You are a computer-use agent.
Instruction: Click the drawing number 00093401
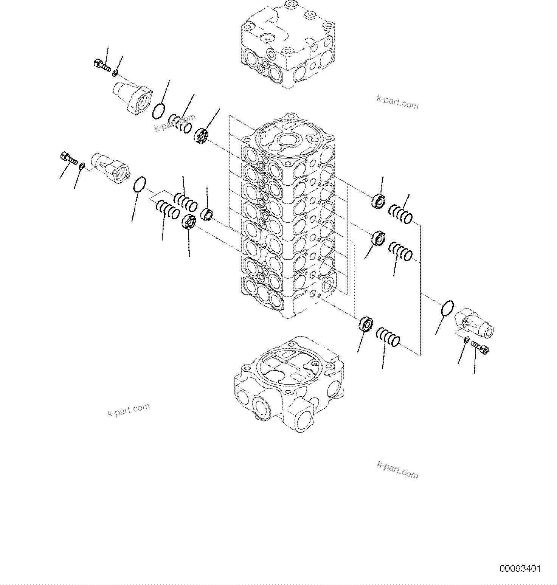click(x=520, y=568)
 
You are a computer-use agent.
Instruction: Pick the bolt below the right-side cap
click(x=480, y=347)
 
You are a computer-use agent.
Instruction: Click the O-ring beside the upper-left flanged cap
click(x=159, y=110)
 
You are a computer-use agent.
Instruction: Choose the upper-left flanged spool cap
click(x=132, y=98)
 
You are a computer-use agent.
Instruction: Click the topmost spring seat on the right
click(x=378, y=201)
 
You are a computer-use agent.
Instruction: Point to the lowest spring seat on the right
click(x=365, y=324)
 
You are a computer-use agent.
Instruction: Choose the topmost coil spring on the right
click(x=401, y=214)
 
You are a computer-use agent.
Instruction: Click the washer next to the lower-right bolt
click(x=467, y=340)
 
